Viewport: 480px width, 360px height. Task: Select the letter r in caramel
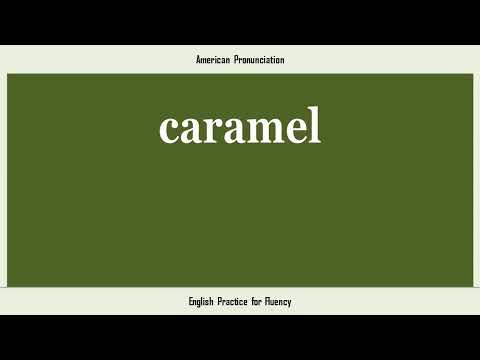[x=211, y=129]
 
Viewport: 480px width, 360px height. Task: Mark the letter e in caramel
[x=294, y=129]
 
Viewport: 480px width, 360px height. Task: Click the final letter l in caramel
[x=314, y=124]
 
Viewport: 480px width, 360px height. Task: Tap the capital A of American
[x=198, y=60]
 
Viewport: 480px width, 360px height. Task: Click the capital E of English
[x=190, y=301]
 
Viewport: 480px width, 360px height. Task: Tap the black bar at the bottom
[x=240, y=337]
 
